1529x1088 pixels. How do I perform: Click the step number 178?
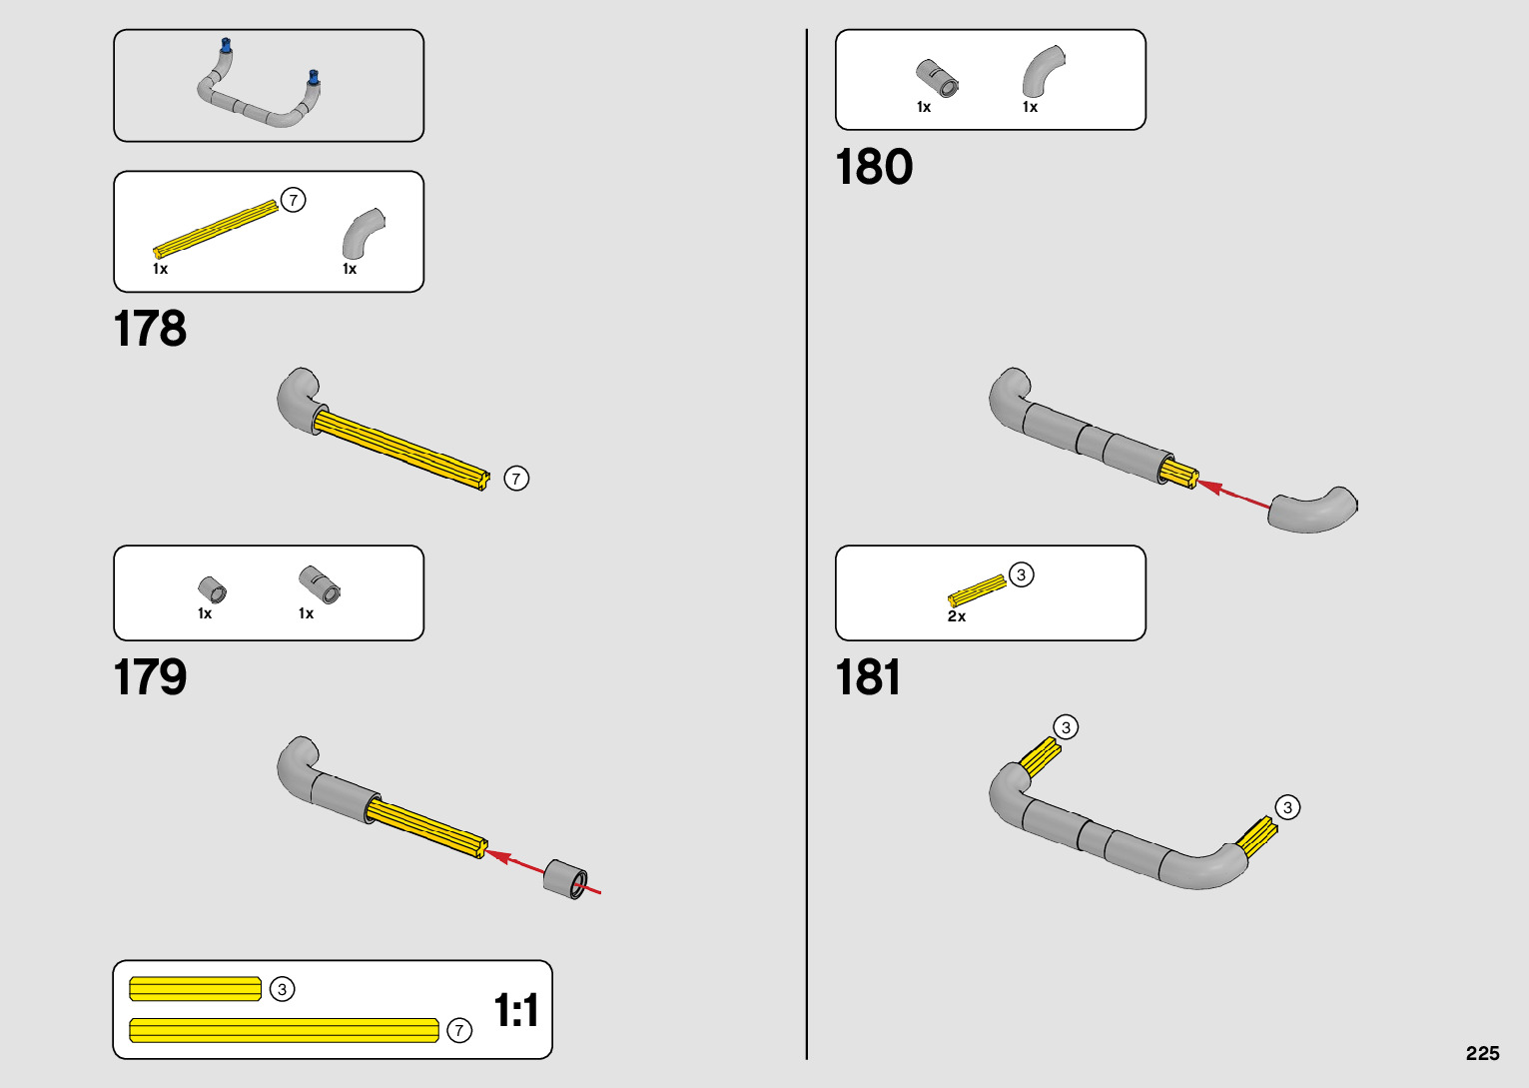click(150, 329)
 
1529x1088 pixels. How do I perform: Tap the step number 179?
click(150, 677)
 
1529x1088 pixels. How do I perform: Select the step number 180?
click(874, 167)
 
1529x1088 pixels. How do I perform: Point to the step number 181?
click(868, 677)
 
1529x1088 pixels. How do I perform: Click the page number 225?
click(1482, 1053)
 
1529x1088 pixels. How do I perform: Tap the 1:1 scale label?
click(516, 1010)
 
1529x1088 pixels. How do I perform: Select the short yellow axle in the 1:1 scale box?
click(196, 989)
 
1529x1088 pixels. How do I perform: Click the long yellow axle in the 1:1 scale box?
click(285, 1030)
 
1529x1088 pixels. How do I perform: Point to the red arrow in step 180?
click(1234, 495)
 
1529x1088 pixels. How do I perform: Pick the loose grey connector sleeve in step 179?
click(566, 878)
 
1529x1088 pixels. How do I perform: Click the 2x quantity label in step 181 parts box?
click(957, 616)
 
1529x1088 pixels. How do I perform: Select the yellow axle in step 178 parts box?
click(215, 229)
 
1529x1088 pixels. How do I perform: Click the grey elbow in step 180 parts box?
click(1042, 71)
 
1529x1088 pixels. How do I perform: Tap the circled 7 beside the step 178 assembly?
click(516, 479)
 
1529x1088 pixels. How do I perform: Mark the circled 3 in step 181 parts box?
click(1021, 574)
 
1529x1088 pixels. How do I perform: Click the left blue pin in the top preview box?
click(227, 46)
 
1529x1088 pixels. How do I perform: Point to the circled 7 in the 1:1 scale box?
click(459, 1030)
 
